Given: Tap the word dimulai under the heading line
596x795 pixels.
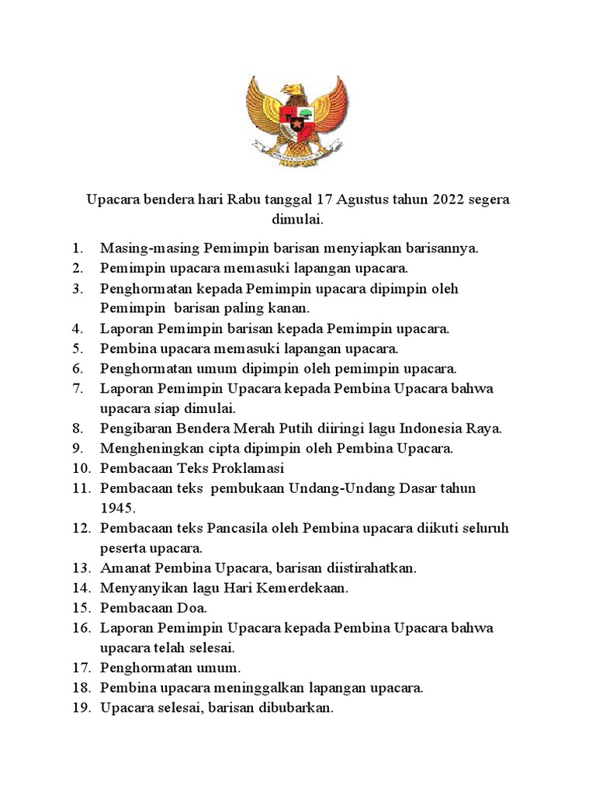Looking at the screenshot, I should pyautogui.click(x=297, y=220).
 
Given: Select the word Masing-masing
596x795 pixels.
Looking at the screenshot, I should pyautogui.click(x=150, y=248).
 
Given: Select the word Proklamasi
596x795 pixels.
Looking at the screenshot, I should pyautogui.click(x=246, y=468).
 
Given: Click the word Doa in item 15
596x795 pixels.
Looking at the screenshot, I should pyautogui.click(x=191, y=608).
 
